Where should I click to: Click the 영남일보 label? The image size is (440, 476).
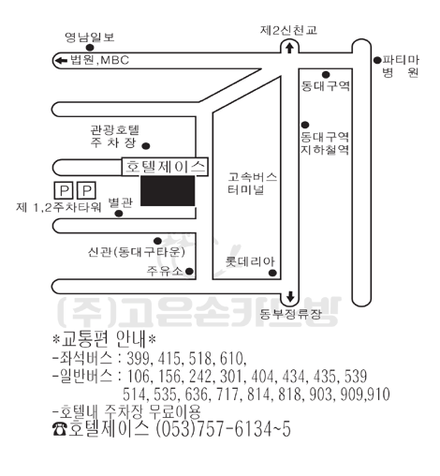click(90, 37)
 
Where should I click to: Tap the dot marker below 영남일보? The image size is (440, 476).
click(90, 48)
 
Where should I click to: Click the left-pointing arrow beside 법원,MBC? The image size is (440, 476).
click(61, 60)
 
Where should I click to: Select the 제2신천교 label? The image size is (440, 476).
click(288, 30)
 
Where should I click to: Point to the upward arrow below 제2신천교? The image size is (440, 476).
click(290, 49)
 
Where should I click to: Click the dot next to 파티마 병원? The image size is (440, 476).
click(377, 60)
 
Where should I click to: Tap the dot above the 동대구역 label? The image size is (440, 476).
click(326, 74)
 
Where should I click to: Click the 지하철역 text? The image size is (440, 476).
click(325, 150)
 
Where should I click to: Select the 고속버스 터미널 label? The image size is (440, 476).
click(252, 184)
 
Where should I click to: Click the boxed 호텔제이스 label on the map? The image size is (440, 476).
click(165, 167)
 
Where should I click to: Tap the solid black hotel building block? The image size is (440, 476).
click(168, 191)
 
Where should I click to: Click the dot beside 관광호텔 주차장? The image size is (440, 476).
click(146, 146)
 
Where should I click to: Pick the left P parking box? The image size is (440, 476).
click(64, 190)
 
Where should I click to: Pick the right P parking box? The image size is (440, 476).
click(86, 190)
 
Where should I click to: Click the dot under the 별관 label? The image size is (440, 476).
click(119, 214)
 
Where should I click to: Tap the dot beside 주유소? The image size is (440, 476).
click(189, 271)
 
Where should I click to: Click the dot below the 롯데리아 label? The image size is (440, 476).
click(272, 273)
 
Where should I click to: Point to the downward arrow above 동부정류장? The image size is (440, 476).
click(290, 297)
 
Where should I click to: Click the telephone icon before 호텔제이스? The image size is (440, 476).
click(60, 429)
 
